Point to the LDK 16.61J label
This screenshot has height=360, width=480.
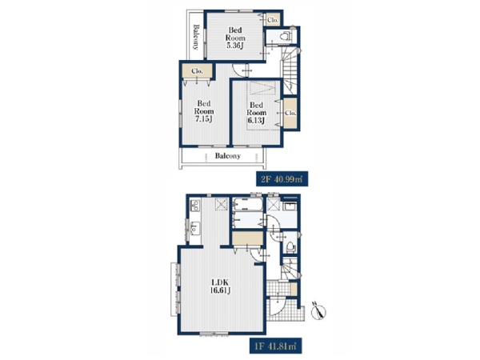click(x=220, y=286)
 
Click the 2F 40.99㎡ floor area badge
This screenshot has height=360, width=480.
click(x=282, y=179)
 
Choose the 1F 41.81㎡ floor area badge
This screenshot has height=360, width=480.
click(x=275, y=346)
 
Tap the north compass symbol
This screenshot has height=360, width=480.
click(x=318, y=311)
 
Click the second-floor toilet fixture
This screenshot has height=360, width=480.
click(x=286, y=36)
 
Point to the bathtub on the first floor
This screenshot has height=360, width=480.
click(x=248, y=204)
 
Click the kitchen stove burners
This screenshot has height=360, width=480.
click(x=195, y=205)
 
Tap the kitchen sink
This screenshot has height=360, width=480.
click(x=194, y=228)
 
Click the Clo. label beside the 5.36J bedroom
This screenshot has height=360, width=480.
click(x=273, y=20)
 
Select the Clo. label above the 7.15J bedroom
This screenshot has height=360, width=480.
click(x=197, y=71)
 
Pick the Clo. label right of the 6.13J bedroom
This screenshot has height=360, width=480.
click(x=290, y=113)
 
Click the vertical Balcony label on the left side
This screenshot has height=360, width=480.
click(x=196, y=37)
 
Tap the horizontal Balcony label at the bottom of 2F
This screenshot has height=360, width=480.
click(x=228, y=156)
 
